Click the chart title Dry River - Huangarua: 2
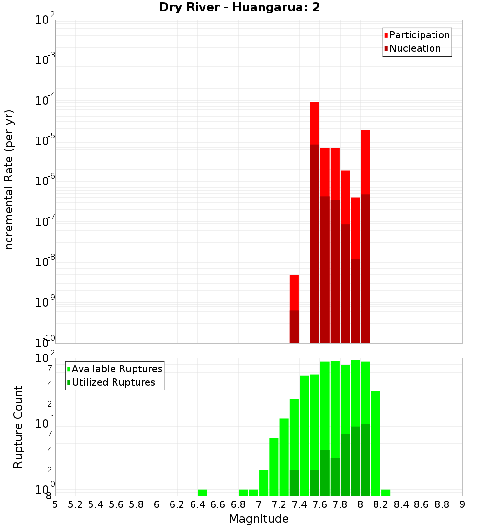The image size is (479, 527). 239,7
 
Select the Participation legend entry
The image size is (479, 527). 419,35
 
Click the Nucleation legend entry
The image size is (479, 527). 414,48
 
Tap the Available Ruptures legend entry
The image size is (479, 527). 116,369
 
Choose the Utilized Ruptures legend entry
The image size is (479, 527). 113,382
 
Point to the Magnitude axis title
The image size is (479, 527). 259,519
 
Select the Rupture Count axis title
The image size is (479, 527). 18,427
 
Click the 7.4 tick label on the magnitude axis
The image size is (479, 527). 299,504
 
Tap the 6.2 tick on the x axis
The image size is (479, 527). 177,504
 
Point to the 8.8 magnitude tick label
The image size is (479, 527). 442,504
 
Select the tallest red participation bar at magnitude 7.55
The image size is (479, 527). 315,122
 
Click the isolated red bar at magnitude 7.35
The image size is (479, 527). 294,292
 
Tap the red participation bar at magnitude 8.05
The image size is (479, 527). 365,160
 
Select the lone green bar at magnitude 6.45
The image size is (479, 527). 203,493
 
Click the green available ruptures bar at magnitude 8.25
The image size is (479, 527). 386,493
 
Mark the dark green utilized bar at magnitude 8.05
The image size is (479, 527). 365,460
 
